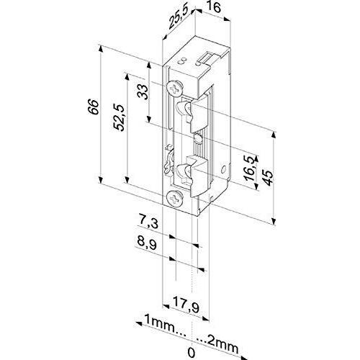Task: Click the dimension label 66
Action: point(93,107)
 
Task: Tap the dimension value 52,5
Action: point(120,117)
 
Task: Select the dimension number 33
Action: point(143,92)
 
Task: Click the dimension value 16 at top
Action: point(213,7)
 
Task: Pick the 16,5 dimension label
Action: point(251,168)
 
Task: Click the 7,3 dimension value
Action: point(148,223)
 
